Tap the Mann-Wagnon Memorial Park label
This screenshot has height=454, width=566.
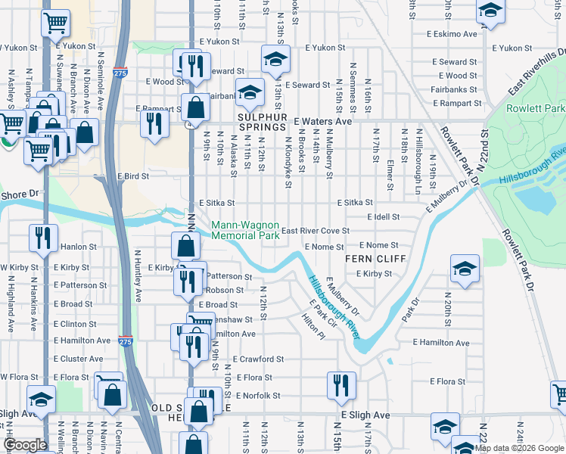[245, 230]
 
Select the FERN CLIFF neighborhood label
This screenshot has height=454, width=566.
[375, 259]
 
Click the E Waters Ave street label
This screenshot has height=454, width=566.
[323, 121]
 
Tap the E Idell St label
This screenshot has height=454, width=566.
[383, 217]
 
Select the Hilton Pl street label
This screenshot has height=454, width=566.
[313, 326]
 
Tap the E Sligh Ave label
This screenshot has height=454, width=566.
[365, 415]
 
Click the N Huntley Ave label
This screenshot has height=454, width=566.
[138, 277]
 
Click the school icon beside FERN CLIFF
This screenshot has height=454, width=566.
[464, 269]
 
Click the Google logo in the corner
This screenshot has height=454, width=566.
[25, 445]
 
